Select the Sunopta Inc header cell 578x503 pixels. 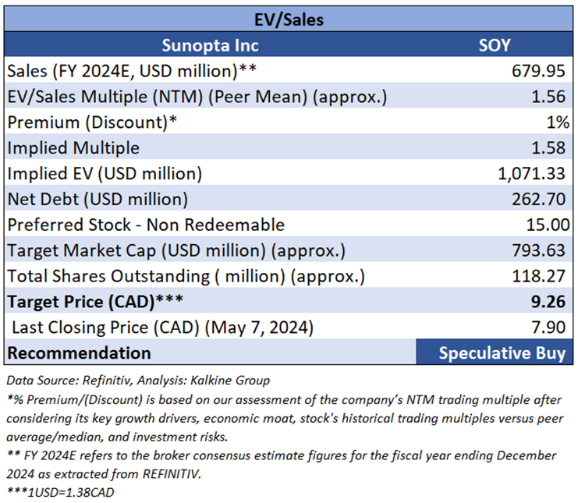210,44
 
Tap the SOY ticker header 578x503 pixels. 494,44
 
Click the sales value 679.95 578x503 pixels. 542,71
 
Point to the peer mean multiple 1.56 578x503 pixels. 553,97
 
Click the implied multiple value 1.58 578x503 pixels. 553,147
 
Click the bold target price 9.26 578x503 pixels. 552,302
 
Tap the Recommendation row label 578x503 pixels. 78,352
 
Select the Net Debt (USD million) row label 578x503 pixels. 97,199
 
